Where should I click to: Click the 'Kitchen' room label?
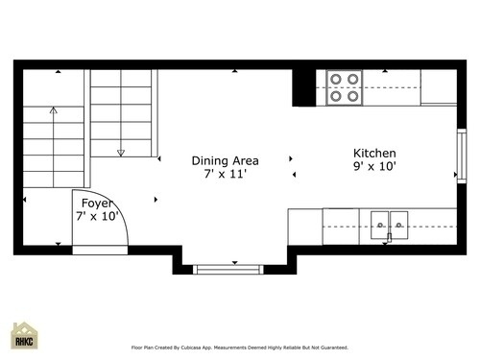[374, 154]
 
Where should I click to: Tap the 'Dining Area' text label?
[226, 161]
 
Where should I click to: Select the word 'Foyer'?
[97, 204]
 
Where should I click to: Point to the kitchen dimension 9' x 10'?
[374, 167]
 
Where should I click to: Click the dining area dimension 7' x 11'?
[226, 175]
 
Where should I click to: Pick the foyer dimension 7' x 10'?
[96, 217]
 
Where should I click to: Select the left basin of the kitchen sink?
[379, 223]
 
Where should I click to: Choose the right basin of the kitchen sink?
[399, 223]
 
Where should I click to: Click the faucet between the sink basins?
[390, 232]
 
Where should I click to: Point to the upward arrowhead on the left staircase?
[53, 110]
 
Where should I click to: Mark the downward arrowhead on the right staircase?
[121, 152]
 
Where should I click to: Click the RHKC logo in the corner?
[25, 337]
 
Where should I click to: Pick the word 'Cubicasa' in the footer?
[219, 348]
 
